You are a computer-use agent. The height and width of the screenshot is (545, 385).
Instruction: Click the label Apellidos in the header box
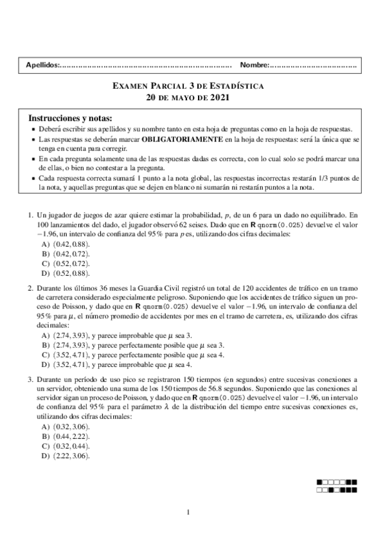tap(40, 65)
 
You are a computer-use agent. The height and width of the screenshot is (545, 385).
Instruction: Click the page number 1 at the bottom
tap(188, 512)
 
